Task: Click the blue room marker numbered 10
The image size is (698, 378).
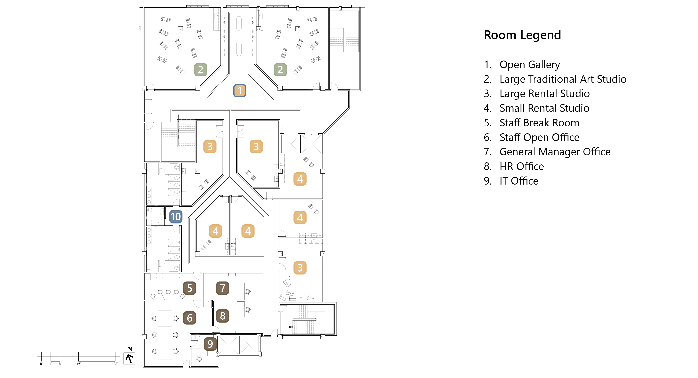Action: (176, 217)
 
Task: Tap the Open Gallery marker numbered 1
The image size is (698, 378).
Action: (239, 91)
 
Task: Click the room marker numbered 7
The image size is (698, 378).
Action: (223, 288)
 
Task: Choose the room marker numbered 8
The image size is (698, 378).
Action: (223, 316)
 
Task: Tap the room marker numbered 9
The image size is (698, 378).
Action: (210, 344)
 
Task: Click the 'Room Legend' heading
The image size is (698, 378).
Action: (522, 35)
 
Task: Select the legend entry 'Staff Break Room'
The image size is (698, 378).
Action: (539, 123)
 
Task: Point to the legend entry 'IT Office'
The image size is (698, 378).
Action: (519, 181)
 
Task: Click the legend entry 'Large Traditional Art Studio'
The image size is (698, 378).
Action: (563, 79)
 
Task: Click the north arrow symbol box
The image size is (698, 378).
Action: (129, 358)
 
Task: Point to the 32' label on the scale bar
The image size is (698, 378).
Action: (116, 364)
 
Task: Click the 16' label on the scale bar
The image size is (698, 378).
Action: (79, 364)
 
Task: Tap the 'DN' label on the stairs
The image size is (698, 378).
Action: (291, 327)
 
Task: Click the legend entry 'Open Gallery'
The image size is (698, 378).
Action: (529, 65)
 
